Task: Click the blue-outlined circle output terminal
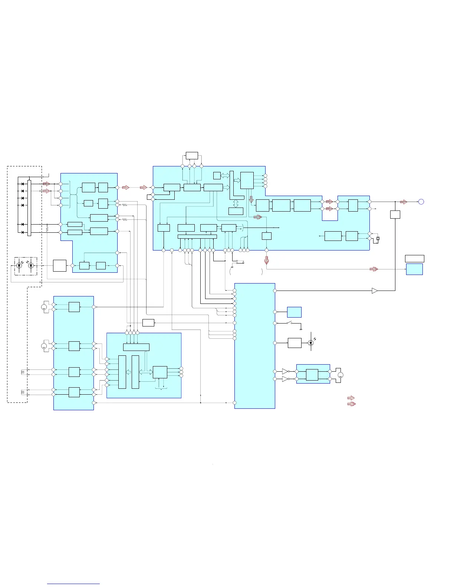[421, 202]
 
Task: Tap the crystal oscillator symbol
[378, 238]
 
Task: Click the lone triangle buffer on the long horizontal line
[375, 291]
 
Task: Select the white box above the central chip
[192, 155]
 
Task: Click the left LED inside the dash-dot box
[20, 266]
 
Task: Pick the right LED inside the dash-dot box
[31, 266]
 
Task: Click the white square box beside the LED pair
[60, 266]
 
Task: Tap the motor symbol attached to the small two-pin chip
[340, 375]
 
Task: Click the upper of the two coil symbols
[23, 372]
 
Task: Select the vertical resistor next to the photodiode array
[47, 229]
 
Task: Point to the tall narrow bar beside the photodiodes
[29, 208]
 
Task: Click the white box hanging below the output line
[395, 214]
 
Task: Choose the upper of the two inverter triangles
[285, 371]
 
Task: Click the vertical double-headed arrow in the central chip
[236, 203]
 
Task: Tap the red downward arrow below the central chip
[266, 260]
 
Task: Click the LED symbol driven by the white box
[311, 343]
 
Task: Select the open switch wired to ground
[291, 323]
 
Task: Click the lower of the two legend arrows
[351, 404]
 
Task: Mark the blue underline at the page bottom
[73, 584]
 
